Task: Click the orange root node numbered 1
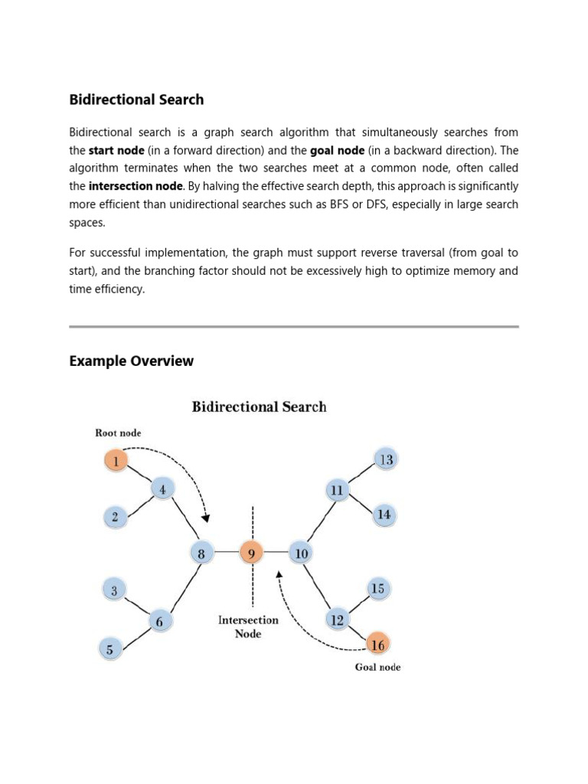116,460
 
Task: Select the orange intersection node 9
251,552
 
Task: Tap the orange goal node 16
377,645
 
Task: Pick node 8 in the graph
201,552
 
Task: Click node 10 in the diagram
301,552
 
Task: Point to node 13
386,459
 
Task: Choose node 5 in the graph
110,649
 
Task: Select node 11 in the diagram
337,489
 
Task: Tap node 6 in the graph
159,621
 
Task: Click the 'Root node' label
118,433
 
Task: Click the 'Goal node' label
377,667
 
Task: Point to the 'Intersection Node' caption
248,626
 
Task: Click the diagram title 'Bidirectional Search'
259,407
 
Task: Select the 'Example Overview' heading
131,361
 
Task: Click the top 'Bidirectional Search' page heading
136,100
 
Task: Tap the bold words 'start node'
116,151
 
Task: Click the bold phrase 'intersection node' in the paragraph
136,186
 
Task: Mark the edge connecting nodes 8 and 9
226,552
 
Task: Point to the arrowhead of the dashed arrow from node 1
205,518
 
